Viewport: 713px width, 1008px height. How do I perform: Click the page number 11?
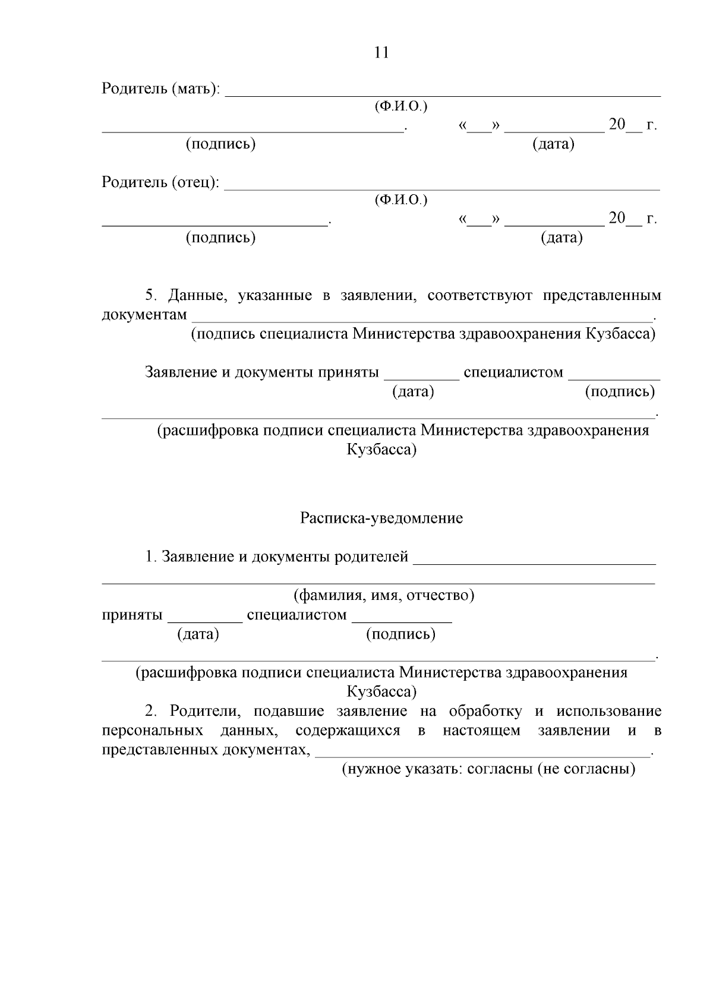pyautogui.click(x=382, y=52)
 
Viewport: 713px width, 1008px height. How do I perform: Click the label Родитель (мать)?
pyautogui.click(x=160, y=89)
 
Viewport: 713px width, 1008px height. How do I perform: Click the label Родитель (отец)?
pyautogui.click(x=160, y=182)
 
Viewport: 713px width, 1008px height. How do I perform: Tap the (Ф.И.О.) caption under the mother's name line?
pyautogui.click(x=401, y=107)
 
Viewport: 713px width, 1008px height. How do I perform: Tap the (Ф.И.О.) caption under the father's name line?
pyautogui.click(x=401, y=200)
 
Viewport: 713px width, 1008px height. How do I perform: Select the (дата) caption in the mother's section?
pyautogui.click(x=553, y=144)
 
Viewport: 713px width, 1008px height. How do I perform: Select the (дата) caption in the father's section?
pyautogui.click(x=561, y=238)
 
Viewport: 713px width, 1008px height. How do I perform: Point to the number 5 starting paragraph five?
pyautogui.click(x=150, y=295)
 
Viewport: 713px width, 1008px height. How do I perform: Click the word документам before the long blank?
pyautogui.click(x=144, y=314)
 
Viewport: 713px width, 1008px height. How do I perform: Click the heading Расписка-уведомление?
pyautogui.click(x=381, y=519)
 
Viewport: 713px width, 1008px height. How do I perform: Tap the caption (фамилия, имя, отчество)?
pyautogui.click(x=384, y=595)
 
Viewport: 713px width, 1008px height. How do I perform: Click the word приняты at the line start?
pyautogui.click(x=132, y=615)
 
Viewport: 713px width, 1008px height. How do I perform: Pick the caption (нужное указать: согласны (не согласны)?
pyautogui.click(x=488, y=769)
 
